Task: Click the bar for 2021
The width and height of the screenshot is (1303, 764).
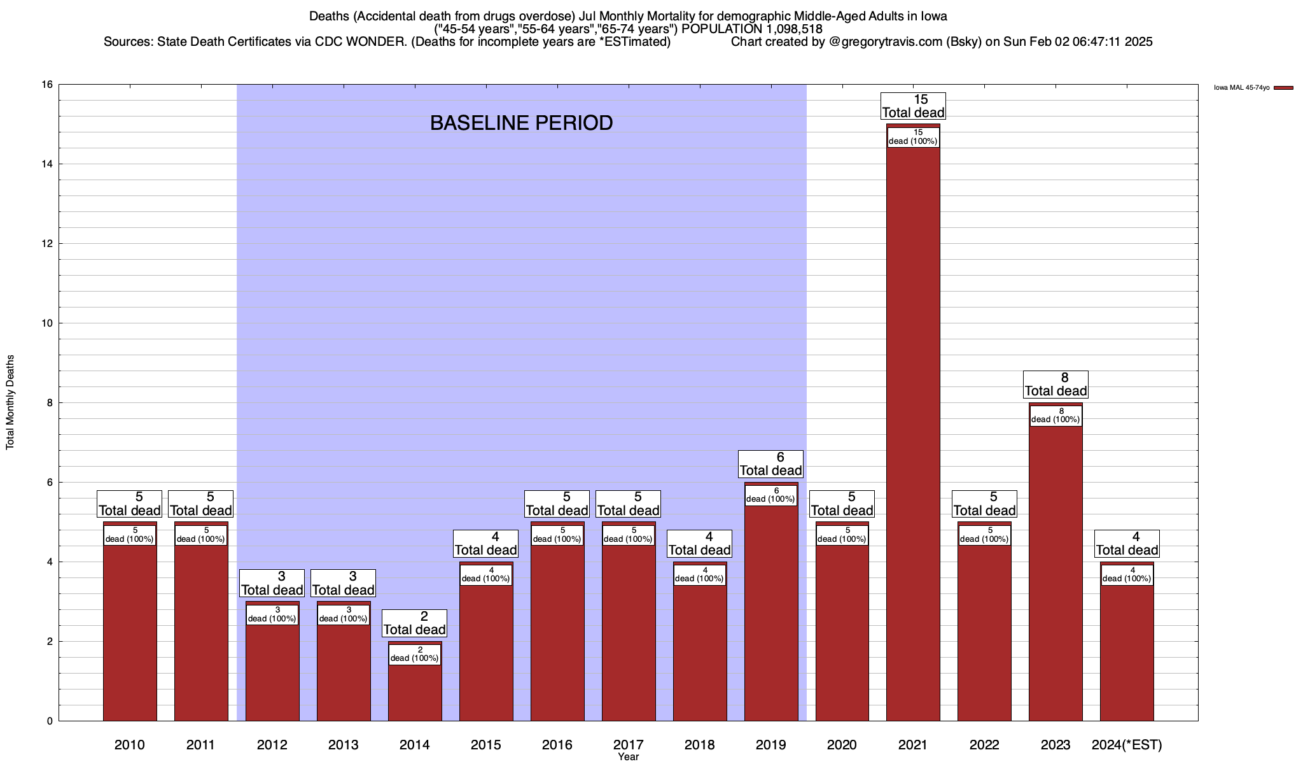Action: [913, 433]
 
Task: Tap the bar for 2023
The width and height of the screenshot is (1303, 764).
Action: [1056, 573]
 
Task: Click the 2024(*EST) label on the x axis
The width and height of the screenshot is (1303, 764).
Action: [1127, 745]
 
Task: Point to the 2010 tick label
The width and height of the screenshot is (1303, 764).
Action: [130, 745]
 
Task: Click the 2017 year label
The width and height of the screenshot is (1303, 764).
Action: [629, 745]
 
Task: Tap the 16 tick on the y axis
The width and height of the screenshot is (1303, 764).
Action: [47, 85]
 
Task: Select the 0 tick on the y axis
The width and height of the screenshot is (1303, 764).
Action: [50, 721]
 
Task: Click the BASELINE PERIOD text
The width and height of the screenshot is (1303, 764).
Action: [521, 123]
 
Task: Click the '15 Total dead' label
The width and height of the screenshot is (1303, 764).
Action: [913, 106]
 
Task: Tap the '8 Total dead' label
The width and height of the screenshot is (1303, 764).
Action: [1056, 385]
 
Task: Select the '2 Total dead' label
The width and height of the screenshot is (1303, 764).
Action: [415, 623]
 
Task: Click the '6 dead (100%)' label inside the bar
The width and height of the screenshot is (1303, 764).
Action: [770, 495]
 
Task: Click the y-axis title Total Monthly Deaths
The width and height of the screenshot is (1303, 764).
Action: [10, 402]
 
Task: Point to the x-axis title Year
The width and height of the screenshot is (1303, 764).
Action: [628, 757]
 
